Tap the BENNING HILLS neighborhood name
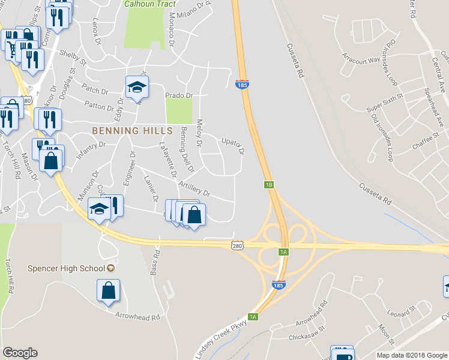coord(132,130)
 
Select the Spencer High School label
coord(68,268)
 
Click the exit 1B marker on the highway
coord(269,185)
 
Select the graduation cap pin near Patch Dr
coord(136,87)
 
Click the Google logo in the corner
coord(20,353)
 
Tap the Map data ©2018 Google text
coord(411,355)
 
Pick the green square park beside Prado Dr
coord(179,111)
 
